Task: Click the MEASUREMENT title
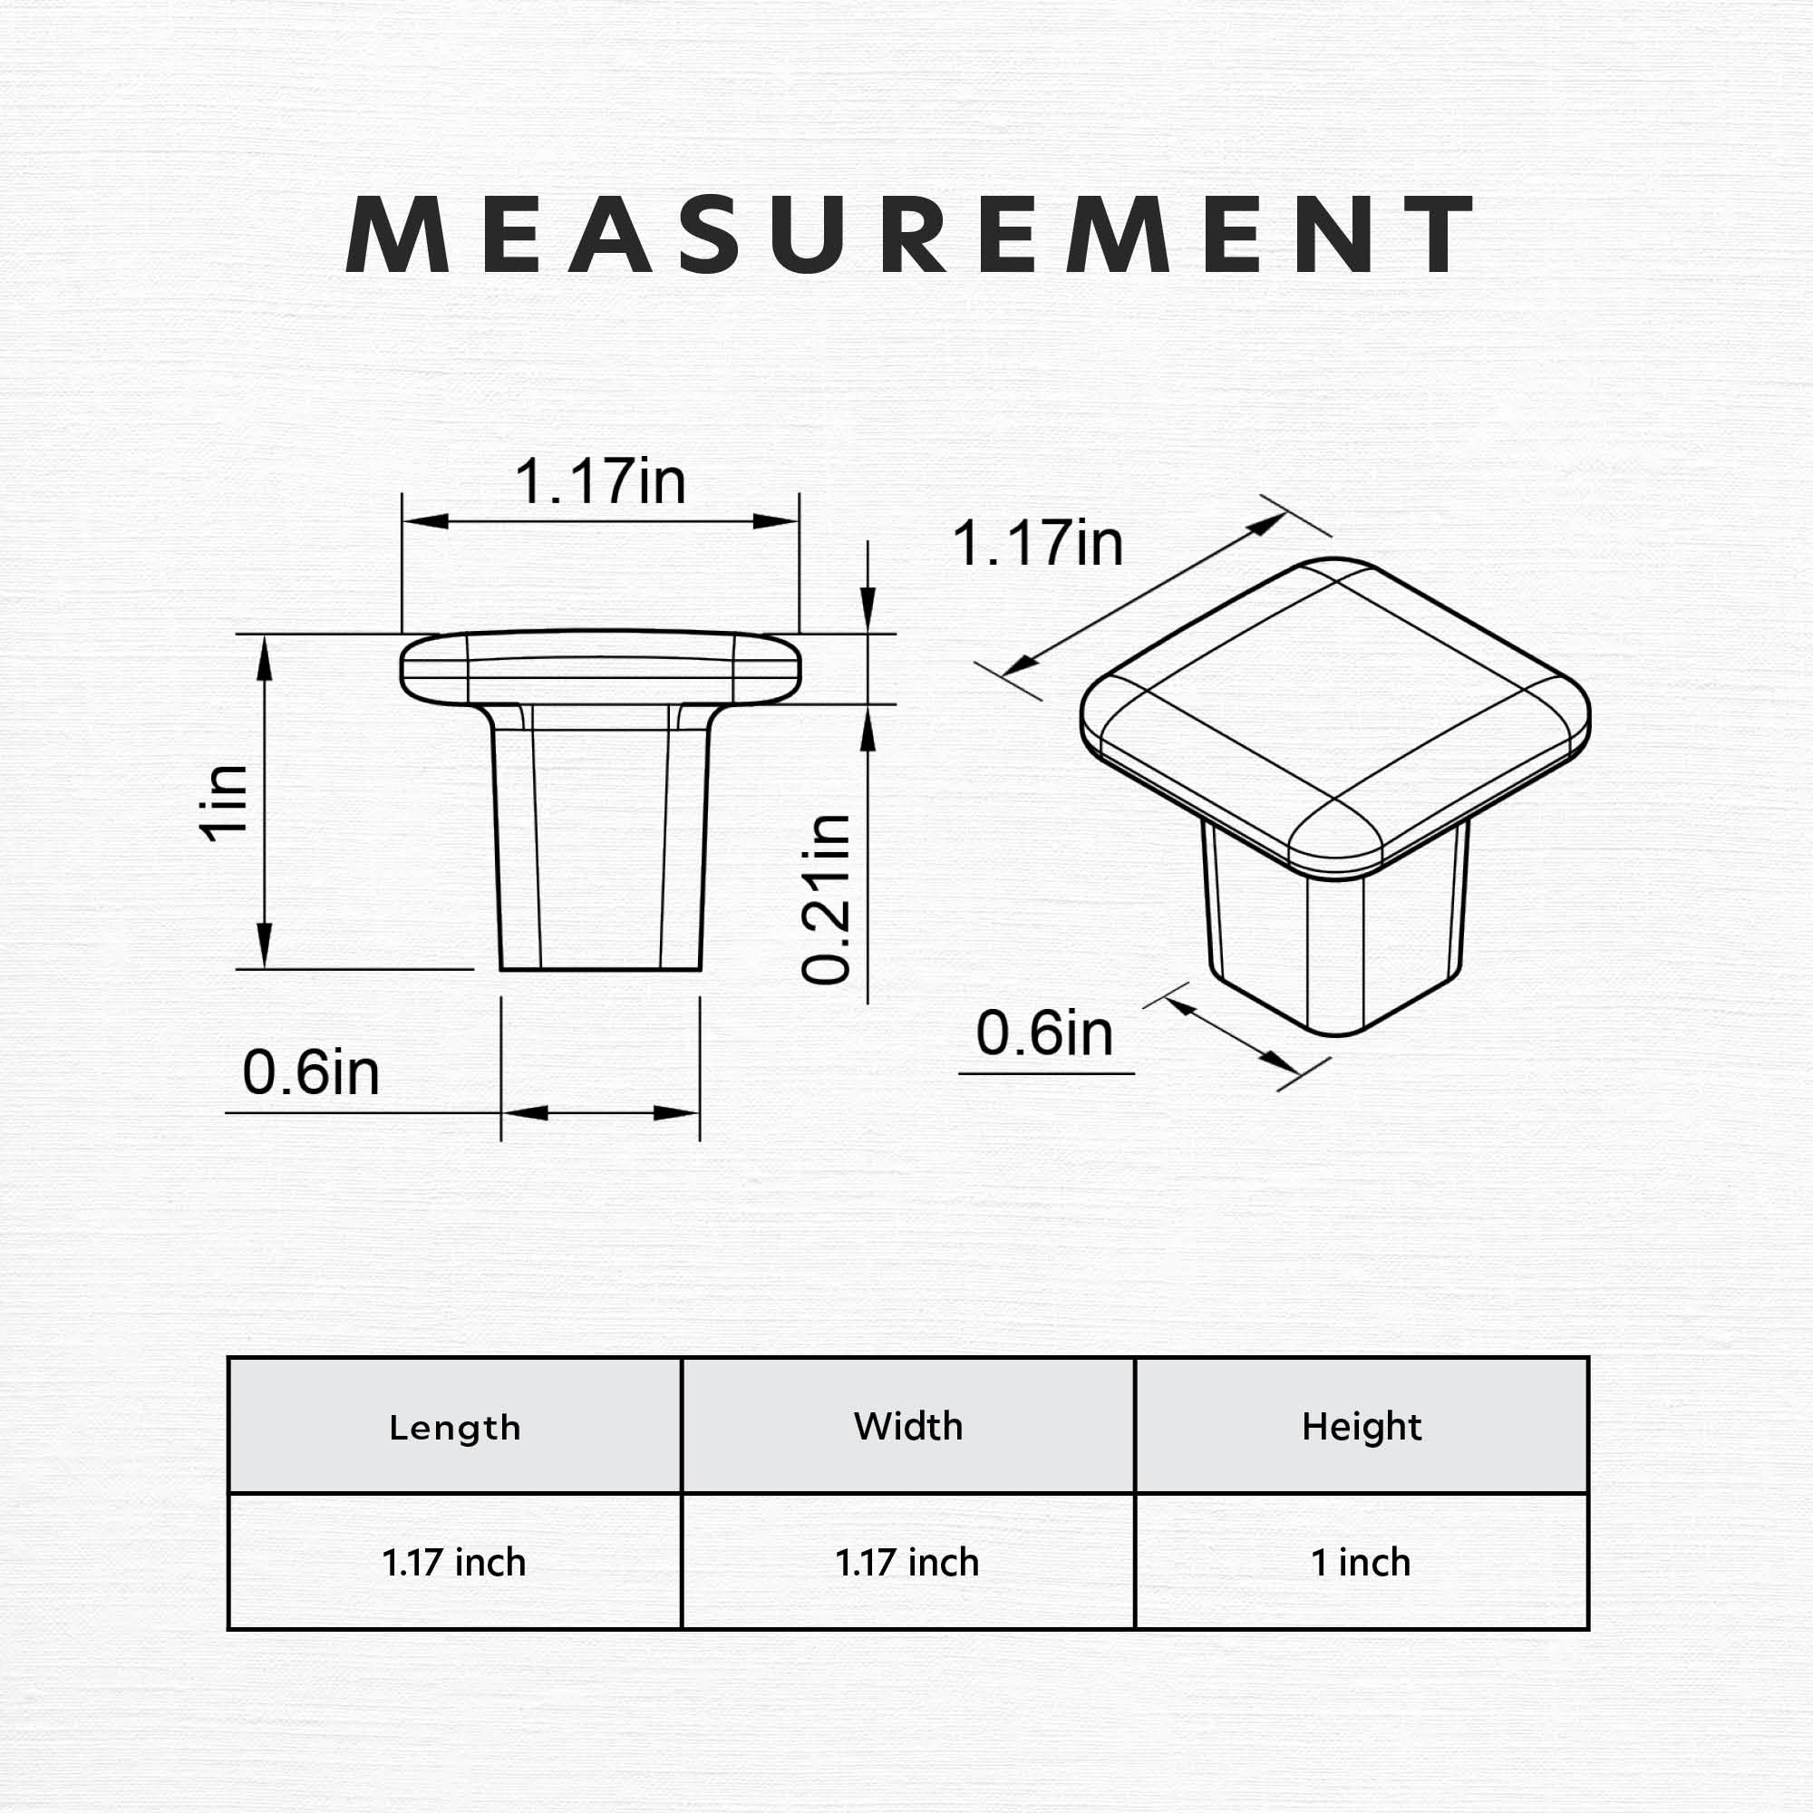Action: (906, 235)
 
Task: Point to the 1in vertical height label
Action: (224, 801)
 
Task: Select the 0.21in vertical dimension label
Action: (826, 899)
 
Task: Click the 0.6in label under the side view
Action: (311, 1072)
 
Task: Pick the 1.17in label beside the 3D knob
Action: (1037, 543)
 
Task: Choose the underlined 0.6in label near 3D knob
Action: (1044, 1033)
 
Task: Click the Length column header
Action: (454, 1429)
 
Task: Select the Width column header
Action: (907, 1426)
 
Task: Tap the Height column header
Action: (1361, 1426)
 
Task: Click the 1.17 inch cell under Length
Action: (454, 1563)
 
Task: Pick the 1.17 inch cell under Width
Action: (907, 1563)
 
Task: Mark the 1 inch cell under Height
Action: (1361, 1563)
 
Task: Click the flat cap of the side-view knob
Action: (601, 667)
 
